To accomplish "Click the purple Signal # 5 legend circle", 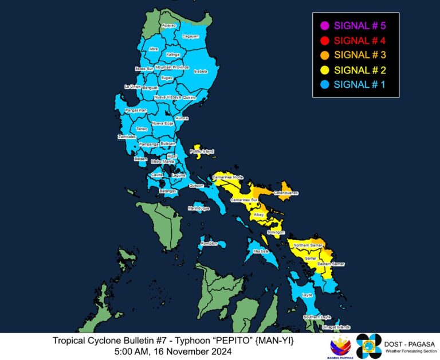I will click(324, 25).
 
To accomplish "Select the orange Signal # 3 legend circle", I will click(324, 55).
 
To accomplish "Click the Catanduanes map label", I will click(285, 193).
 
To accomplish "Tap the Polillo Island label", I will click(202, 151).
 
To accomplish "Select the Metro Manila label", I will click(162, 162).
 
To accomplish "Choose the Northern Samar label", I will click(308, 245).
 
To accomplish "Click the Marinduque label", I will click(199, 209).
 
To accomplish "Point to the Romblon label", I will click(210, 244).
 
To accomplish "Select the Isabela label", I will click(201, 72).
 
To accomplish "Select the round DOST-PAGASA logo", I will click(368, 345).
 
